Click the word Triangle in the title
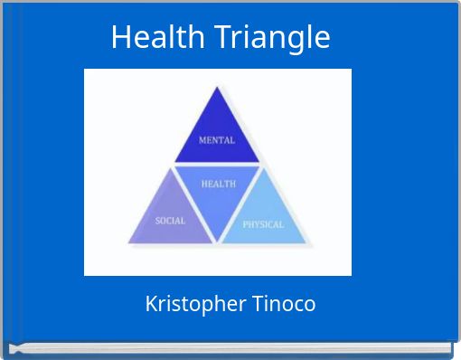pyautogui.click(x=273, y=38)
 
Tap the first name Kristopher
pyautogui.click(x=190, y=304)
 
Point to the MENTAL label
pyautogui.click(x=217, y=140)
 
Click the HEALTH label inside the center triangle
pyautogui.click(x=218, y=184)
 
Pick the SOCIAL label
pyautogui.click(x=170, y=221)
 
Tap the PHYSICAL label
pyautogui.click(x=263, y=224)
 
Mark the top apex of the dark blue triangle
pyautogui.click(x=217, y=88)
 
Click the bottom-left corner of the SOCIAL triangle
pyautogui.click(x=128, y=243)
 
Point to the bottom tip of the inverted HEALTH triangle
pyautogui.click(x=218, y=242)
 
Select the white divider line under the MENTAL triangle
pyautogui.click(x=217, y=165)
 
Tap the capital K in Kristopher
pyautogui.click(x=151, y=304)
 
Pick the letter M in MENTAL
pyautogui.click(x=202, y=140)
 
